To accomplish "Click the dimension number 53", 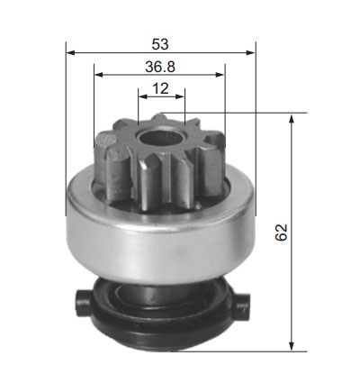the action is pos(160,44).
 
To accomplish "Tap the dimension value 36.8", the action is pos(160,67).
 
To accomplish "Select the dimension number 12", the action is pos(160,88).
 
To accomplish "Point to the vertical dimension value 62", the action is pos(281,232).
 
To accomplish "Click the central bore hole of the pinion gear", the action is pos(160,137).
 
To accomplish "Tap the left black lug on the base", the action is pos(83,303).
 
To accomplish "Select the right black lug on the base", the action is pos(242,305).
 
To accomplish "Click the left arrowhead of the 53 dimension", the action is pos(70,53).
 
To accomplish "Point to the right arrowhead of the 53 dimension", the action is pos(250,53).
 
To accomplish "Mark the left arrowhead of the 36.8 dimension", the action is pos(99,75).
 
